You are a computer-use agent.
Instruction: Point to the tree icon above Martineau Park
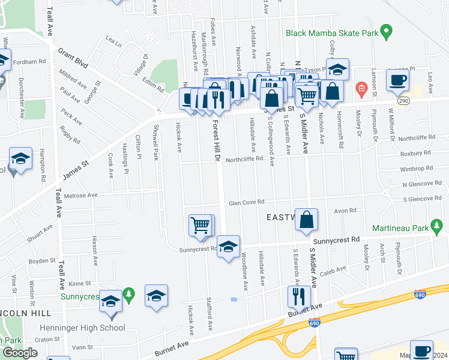click(438, 226)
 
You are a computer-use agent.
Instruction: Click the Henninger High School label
click(82, 328)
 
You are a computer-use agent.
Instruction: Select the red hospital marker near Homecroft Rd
click(361, 90)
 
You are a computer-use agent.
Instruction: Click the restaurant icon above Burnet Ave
click(298, 296)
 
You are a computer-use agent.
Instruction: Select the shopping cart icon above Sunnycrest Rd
click(200, 226)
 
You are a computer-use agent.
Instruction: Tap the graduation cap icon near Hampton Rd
click(21, 159)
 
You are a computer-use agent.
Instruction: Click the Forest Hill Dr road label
click(217, 140)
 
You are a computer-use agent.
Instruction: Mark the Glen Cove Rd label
click(246, 203)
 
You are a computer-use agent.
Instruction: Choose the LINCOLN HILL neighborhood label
click(25, 313)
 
